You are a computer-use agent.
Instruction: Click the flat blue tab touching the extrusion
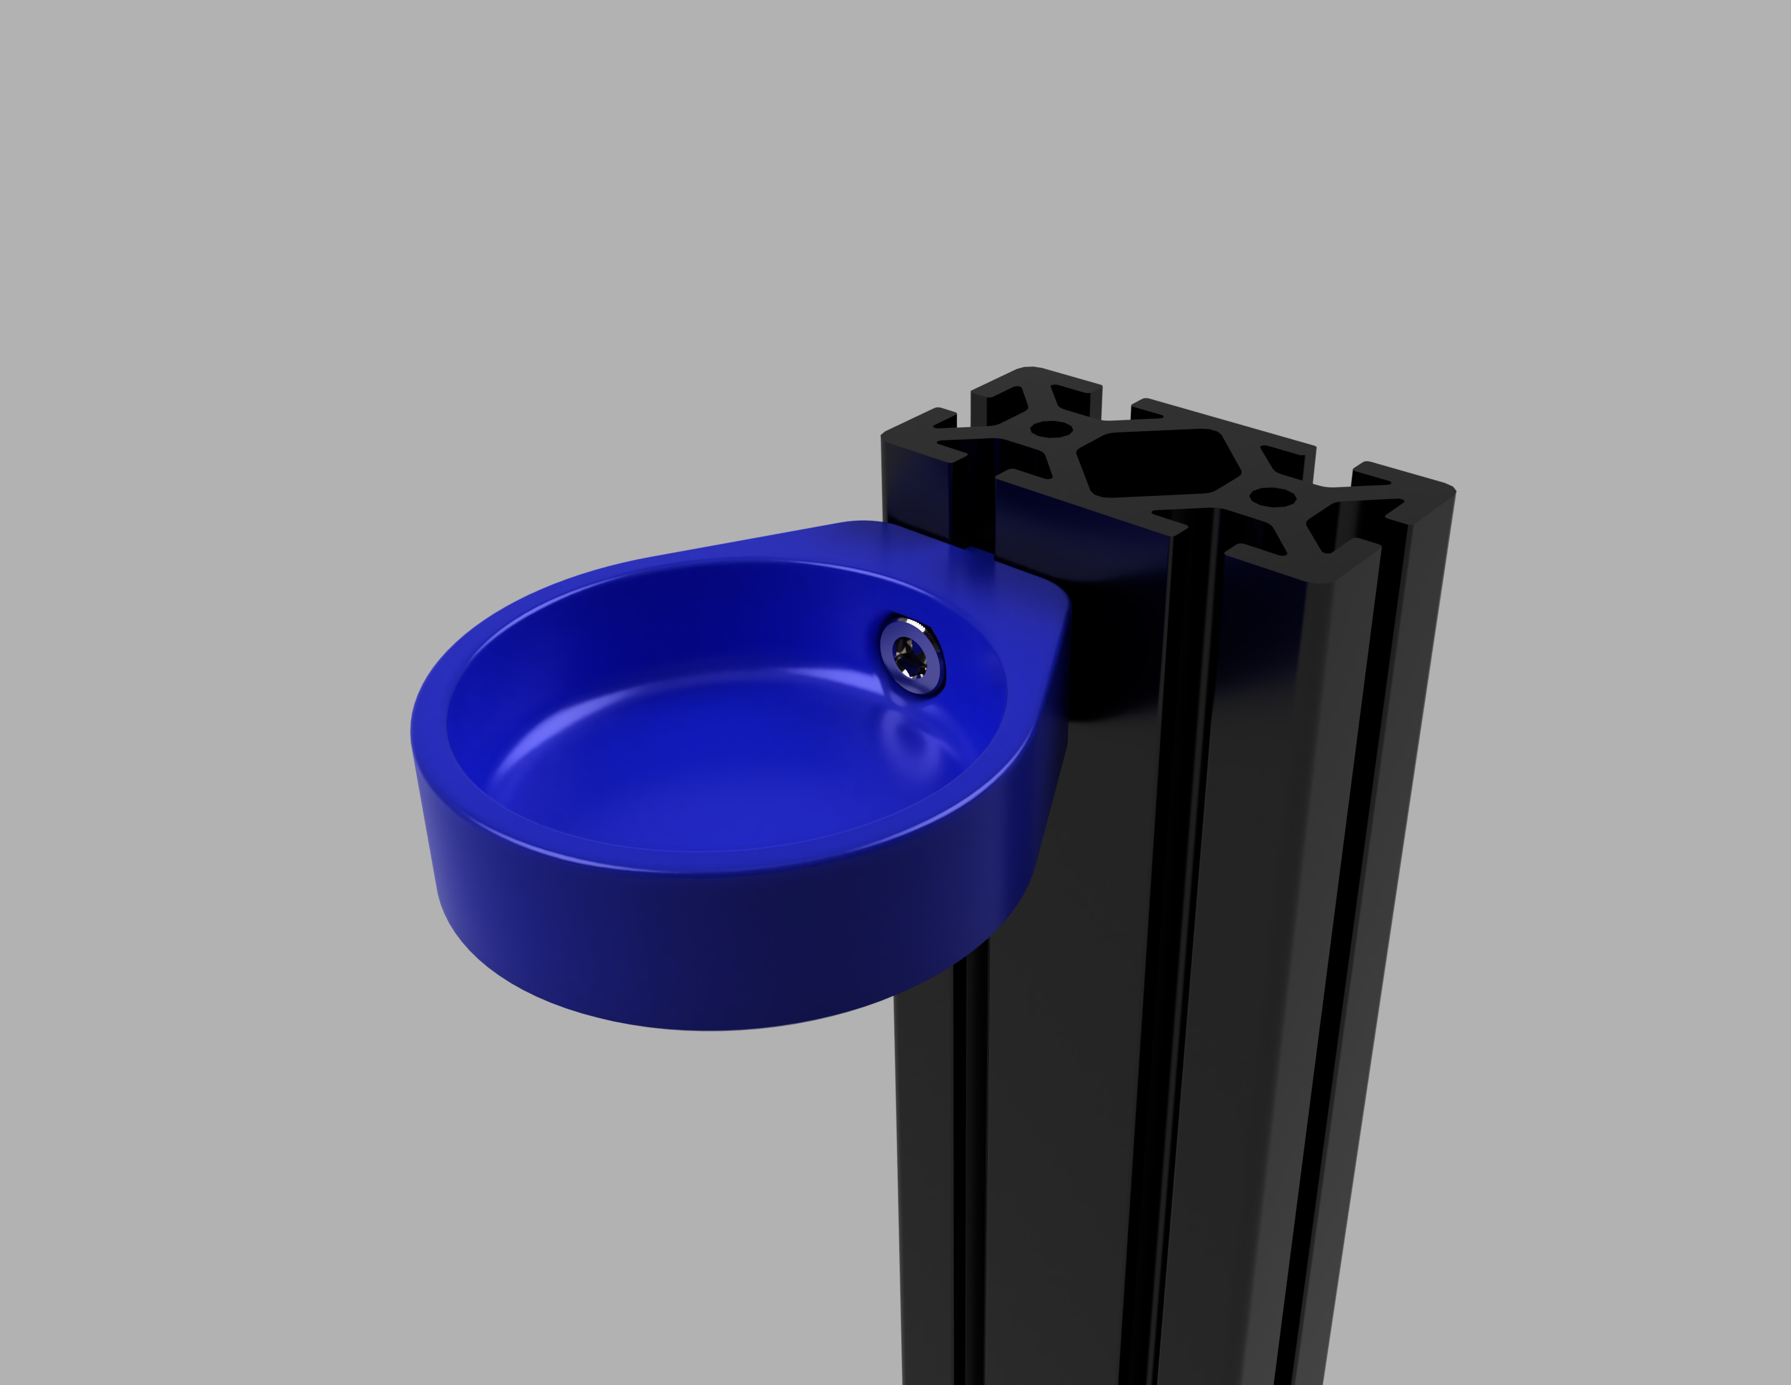(943, 542)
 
